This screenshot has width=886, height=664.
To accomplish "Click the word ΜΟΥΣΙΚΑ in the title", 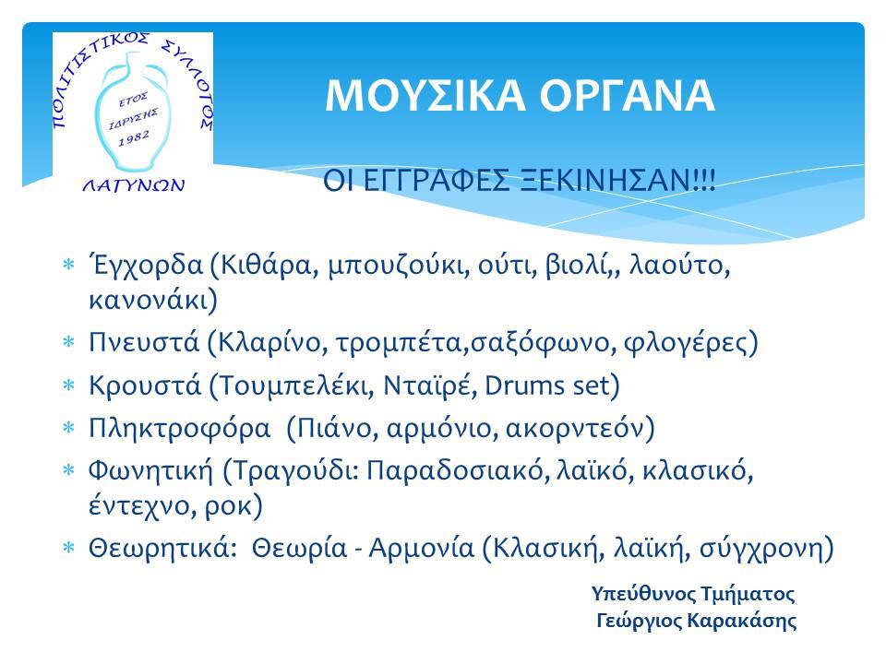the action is tap(425, 96).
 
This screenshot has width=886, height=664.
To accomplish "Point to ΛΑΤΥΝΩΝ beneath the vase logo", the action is tap(134, 184).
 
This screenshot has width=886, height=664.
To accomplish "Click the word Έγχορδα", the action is tap(145, 266).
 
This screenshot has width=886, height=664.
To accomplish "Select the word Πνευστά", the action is tap(144, 342).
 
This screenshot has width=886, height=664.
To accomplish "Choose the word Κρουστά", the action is tap(145, 385).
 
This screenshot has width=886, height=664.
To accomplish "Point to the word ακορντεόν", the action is tap(575, 429).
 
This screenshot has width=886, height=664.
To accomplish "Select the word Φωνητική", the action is tap(150, 471).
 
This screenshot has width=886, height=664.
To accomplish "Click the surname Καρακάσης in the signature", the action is tap(742, 621).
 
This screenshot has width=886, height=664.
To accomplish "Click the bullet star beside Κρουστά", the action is tap(68, 385).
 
